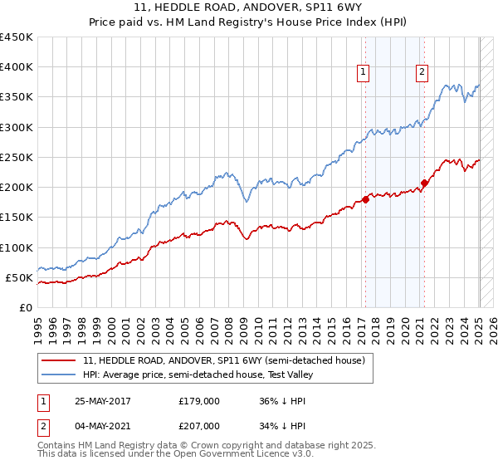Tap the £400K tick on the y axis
[17, 67]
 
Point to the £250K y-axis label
[17, 157]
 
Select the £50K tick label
[20, 277]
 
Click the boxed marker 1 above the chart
[364, 72]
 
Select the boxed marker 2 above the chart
[422, 72]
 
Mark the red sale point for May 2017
[365, 199]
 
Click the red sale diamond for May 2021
[424, 183]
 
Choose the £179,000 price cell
[198, 400]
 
